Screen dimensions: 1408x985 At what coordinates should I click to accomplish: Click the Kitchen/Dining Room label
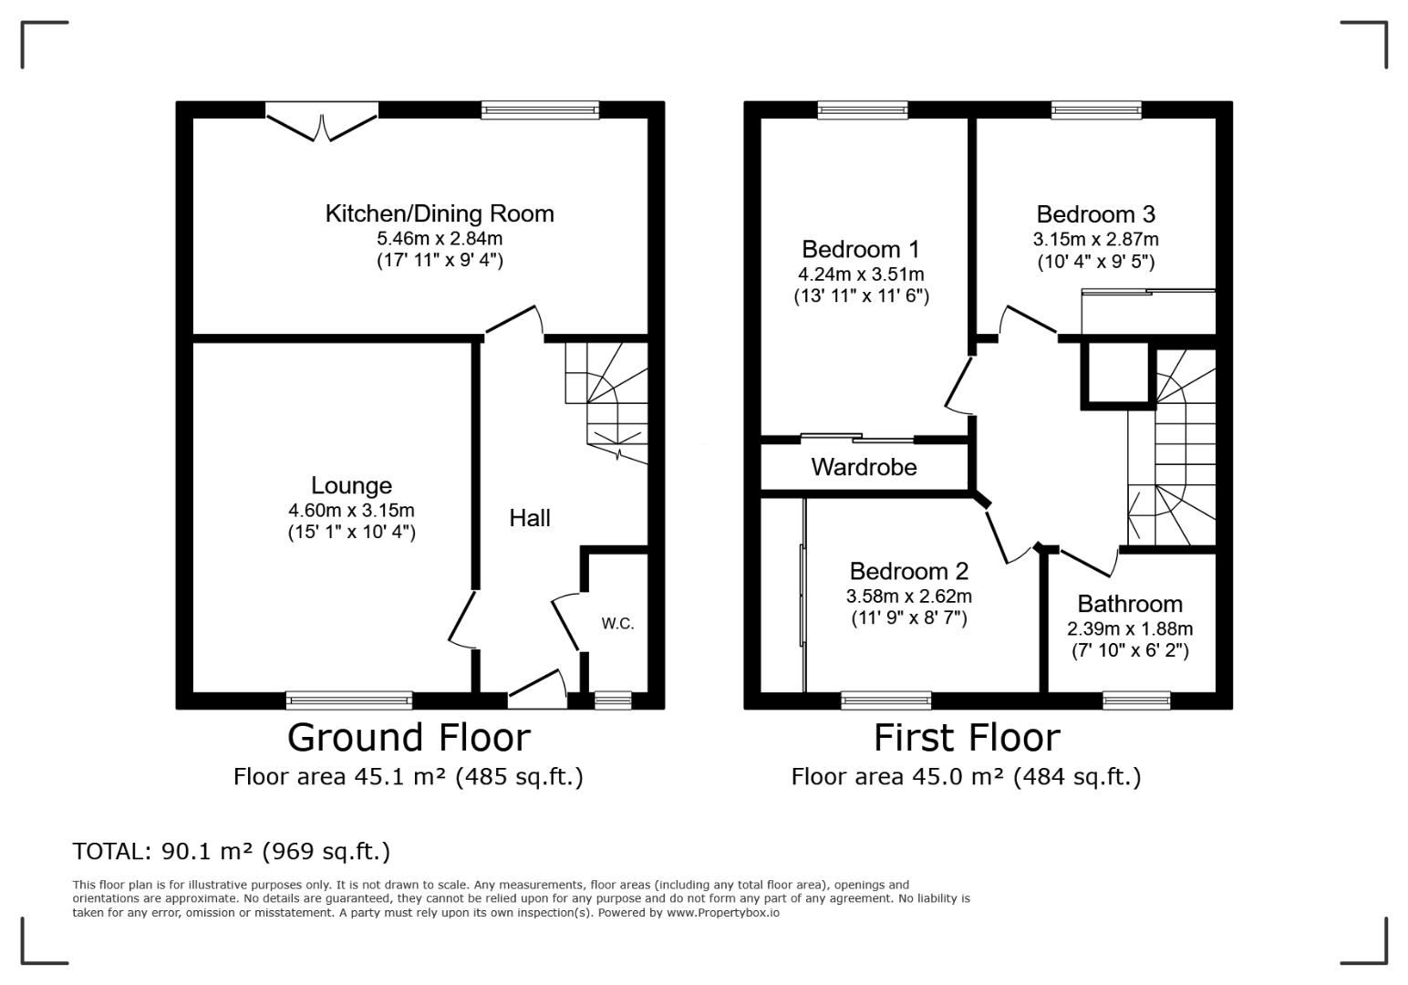(x=440, y=213)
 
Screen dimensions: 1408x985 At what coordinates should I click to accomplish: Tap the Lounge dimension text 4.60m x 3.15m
(x=351, y=511)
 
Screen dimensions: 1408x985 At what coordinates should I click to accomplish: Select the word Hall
(x=530, y=518)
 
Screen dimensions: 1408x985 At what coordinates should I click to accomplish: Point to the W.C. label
(x=617, y=624)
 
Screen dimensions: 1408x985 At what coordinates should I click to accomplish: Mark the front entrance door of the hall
(x=537, y=689)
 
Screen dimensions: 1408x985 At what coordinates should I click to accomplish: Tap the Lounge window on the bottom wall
(x=349, y=700)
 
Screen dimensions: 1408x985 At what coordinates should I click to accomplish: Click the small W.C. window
(x=613, y=700)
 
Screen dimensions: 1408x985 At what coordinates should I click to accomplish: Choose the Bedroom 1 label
(x=861, y=250)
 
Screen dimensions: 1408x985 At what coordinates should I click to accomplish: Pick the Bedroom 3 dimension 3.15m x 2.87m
(x=1095, y=240)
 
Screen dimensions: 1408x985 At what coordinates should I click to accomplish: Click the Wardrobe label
(x=864, y=467)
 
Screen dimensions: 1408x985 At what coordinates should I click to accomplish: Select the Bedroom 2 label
(x=909, y=571)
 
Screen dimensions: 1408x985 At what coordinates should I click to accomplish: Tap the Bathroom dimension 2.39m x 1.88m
(x=1130, y=628)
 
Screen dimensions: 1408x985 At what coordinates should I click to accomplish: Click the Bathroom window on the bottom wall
(x=1136, y=700)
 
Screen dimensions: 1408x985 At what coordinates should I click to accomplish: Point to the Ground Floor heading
(x=409, y=737)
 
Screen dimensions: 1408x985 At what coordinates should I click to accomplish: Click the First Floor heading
(x=967, y=737)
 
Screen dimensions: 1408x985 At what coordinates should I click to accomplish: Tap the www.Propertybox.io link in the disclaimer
(x=723, y=913)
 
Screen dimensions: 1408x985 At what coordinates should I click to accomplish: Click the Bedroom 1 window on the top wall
(x=863, y=110)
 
